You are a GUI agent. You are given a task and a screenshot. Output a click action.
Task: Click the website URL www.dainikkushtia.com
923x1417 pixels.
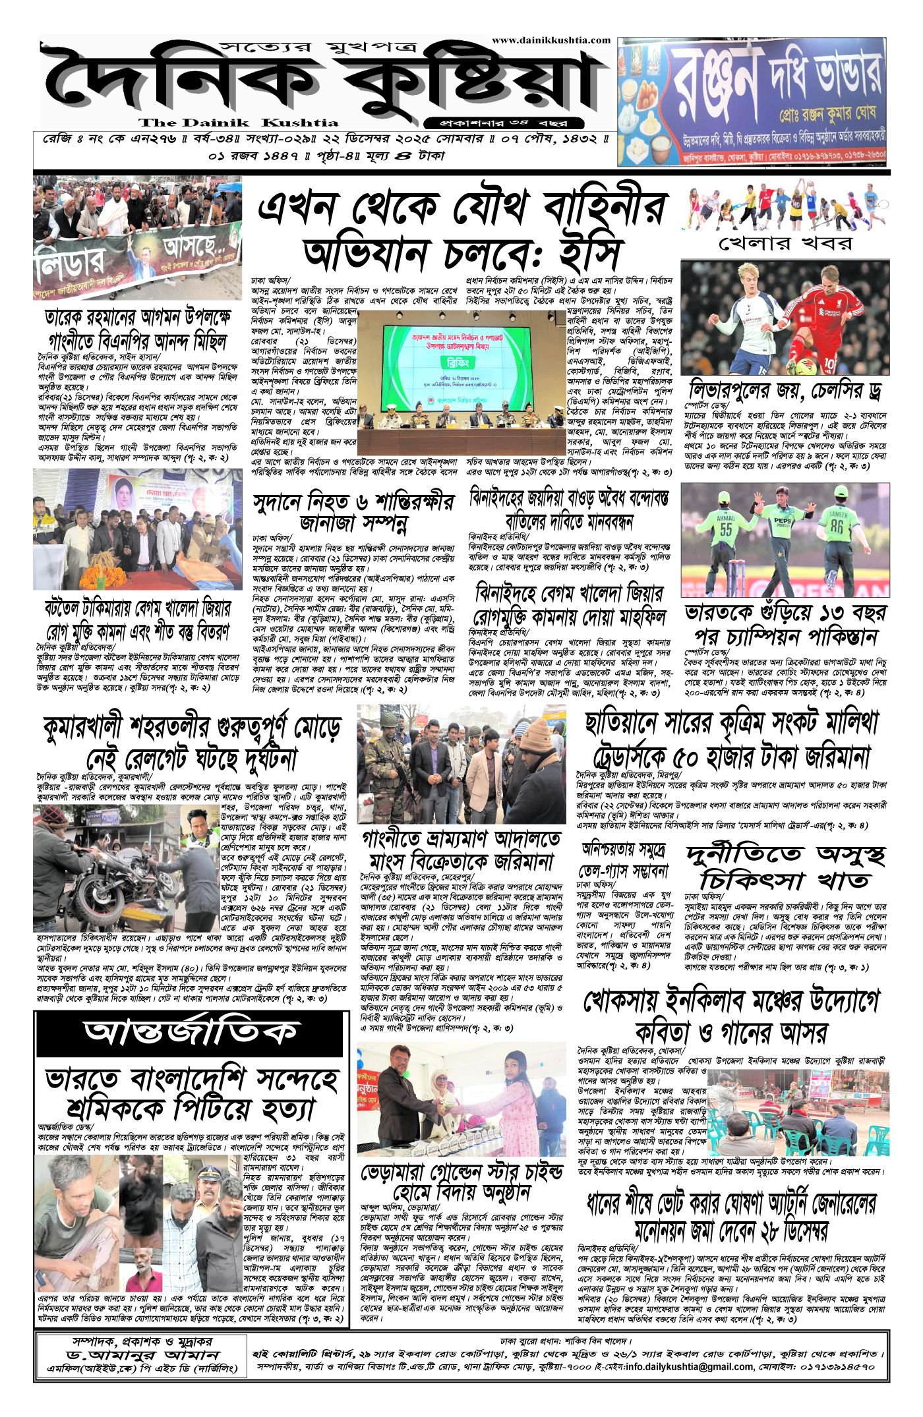click(551, 40)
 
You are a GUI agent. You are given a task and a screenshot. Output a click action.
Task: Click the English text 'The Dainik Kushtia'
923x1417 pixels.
click(238, 123)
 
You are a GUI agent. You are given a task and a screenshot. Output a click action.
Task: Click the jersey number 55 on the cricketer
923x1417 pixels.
click(726, 529)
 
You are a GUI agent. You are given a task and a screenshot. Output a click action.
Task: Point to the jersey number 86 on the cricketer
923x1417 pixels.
click(837, 526)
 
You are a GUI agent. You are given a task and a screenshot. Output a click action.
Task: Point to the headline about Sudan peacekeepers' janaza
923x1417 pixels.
click(353, 512)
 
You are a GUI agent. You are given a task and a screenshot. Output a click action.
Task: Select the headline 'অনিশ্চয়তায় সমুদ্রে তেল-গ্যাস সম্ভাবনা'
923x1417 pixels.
click(624, 860)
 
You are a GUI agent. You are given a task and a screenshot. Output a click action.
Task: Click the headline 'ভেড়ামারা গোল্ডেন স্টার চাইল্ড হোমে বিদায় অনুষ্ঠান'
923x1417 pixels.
click(461, 1183)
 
